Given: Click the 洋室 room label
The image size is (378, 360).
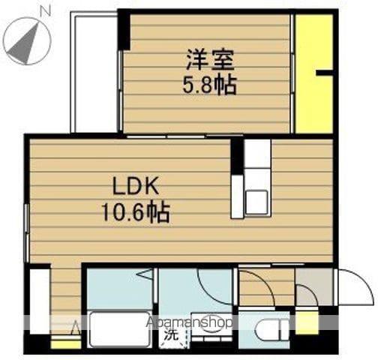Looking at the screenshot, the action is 210,60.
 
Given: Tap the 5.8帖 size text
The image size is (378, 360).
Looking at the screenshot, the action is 209,85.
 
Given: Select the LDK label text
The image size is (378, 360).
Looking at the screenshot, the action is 136,186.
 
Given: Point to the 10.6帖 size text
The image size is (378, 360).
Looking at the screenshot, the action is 136,212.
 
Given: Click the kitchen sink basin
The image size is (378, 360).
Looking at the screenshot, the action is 256,202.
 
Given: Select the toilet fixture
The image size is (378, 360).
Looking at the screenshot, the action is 271,330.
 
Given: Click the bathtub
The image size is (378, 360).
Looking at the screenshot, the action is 120,329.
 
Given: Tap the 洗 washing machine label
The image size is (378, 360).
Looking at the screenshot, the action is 172,334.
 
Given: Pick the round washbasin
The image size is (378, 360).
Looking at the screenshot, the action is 211,324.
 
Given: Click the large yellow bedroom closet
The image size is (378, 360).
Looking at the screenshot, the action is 314,74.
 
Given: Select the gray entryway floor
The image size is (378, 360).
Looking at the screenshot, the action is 313,286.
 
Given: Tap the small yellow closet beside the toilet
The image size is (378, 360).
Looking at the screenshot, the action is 307,322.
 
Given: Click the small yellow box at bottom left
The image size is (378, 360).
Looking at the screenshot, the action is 66,344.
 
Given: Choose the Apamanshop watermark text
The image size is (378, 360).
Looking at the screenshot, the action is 189,322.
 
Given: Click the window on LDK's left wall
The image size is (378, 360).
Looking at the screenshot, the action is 27,233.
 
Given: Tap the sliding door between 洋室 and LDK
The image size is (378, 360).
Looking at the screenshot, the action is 184,136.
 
